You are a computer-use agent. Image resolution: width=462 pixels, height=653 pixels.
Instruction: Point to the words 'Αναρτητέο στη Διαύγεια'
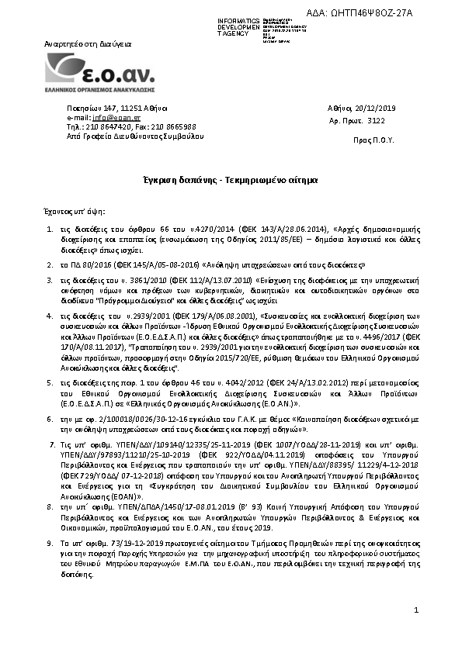89,45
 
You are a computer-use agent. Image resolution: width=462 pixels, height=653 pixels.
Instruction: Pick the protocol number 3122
376,122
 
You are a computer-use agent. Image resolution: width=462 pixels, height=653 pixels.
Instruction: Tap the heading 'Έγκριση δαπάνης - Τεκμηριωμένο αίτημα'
231,180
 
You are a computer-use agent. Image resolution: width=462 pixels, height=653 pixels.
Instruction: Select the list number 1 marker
50,231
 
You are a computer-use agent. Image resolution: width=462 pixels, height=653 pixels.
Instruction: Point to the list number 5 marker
50,383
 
